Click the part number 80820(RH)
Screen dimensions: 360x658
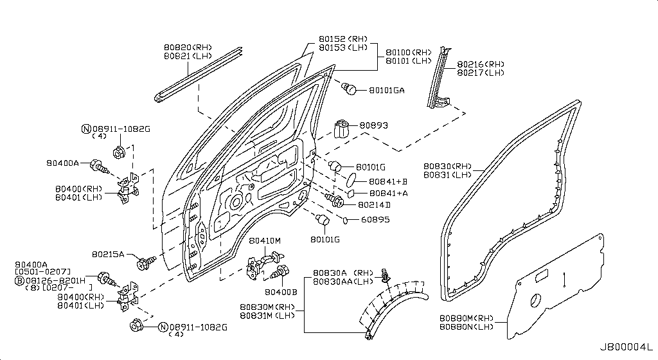[188, 47]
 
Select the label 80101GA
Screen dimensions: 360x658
[386, 91]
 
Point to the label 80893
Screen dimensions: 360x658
[373, 125]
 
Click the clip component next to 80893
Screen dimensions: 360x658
[341, 129]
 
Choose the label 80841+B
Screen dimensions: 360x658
[389, 182]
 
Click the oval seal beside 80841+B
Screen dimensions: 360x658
[357, 178]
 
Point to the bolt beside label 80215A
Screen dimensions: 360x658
[146, 261]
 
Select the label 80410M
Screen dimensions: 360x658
[265, 240]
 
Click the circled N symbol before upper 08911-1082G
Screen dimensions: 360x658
[85, 129]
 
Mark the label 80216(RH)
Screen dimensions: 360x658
[481, 64]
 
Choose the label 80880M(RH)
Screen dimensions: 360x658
[467, 318]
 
